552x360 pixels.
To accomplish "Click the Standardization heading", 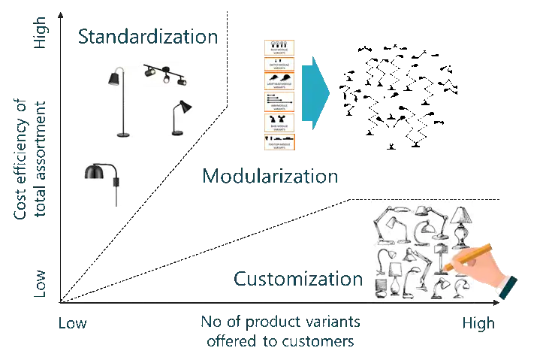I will click(149, 36).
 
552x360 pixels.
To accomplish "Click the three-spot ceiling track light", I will click(167, 75).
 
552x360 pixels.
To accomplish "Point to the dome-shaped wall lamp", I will click(104, 180).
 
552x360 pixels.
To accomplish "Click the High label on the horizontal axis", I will click(475, 323).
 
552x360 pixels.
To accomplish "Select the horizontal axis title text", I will click(279, 330).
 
